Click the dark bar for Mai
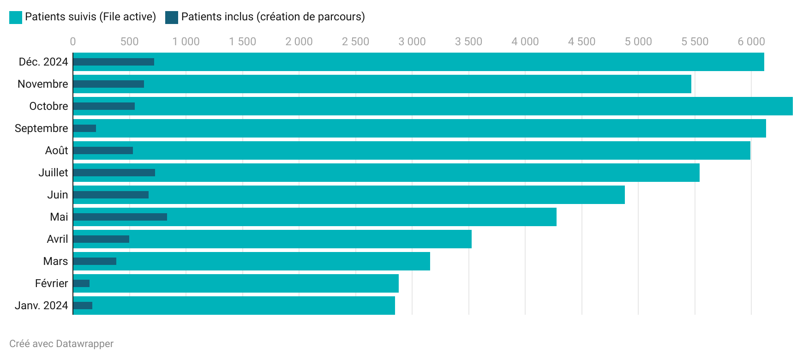120,217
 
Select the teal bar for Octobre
461,106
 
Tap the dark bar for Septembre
84,128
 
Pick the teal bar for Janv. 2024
240,306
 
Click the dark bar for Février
81,283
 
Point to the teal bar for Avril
300,239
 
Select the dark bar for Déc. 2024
114,62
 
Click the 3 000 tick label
412,42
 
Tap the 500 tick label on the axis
129,42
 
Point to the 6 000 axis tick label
751,42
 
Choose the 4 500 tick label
581,42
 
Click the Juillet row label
53,173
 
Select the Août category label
56,150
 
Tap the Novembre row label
42,84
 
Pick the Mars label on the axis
55,261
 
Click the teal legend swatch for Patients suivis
16,17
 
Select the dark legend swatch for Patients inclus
172,17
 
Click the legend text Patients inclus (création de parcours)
273,17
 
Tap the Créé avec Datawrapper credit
61,344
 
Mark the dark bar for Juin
111,195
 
